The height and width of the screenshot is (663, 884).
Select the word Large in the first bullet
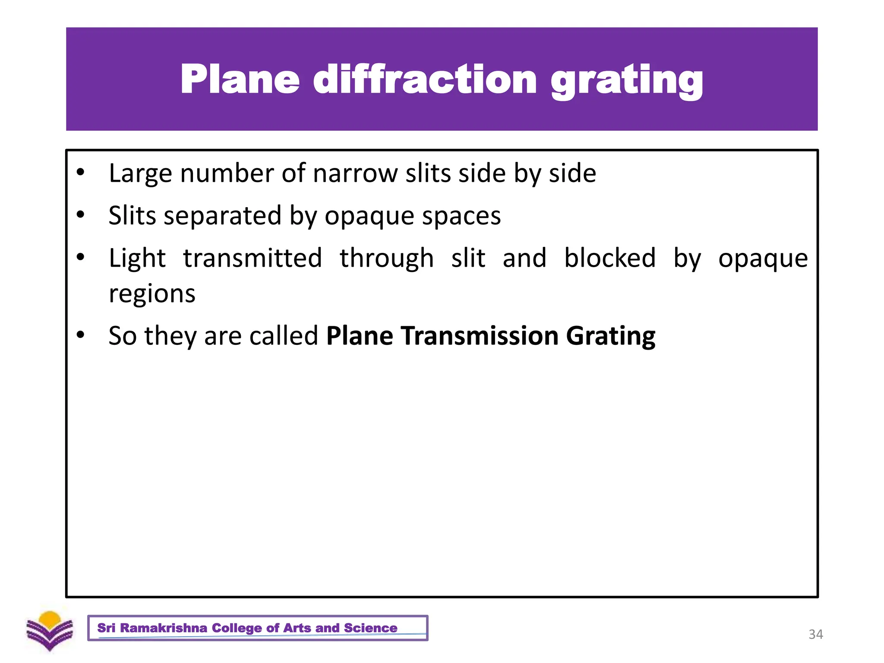[140, 174]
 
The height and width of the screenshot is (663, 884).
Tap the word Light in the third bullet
[137, 259]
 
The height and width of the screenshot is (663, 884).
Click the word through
[386, 259]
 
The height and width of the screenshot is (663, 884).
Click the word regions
[152, 294]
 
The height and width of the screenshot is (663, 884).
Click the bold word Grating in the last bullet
[610, 337]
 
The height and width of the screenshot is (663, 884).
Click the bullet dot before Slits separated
[80, 215]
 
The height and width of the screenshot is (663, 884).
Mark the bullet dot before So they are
[80, 335]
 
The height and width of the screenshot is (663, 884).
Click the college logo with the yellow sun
[50, 630]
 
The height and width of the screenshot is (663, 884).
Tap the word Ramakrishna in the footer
[164, 628]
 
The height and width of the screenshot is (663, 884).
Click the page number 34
[815, 634]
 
